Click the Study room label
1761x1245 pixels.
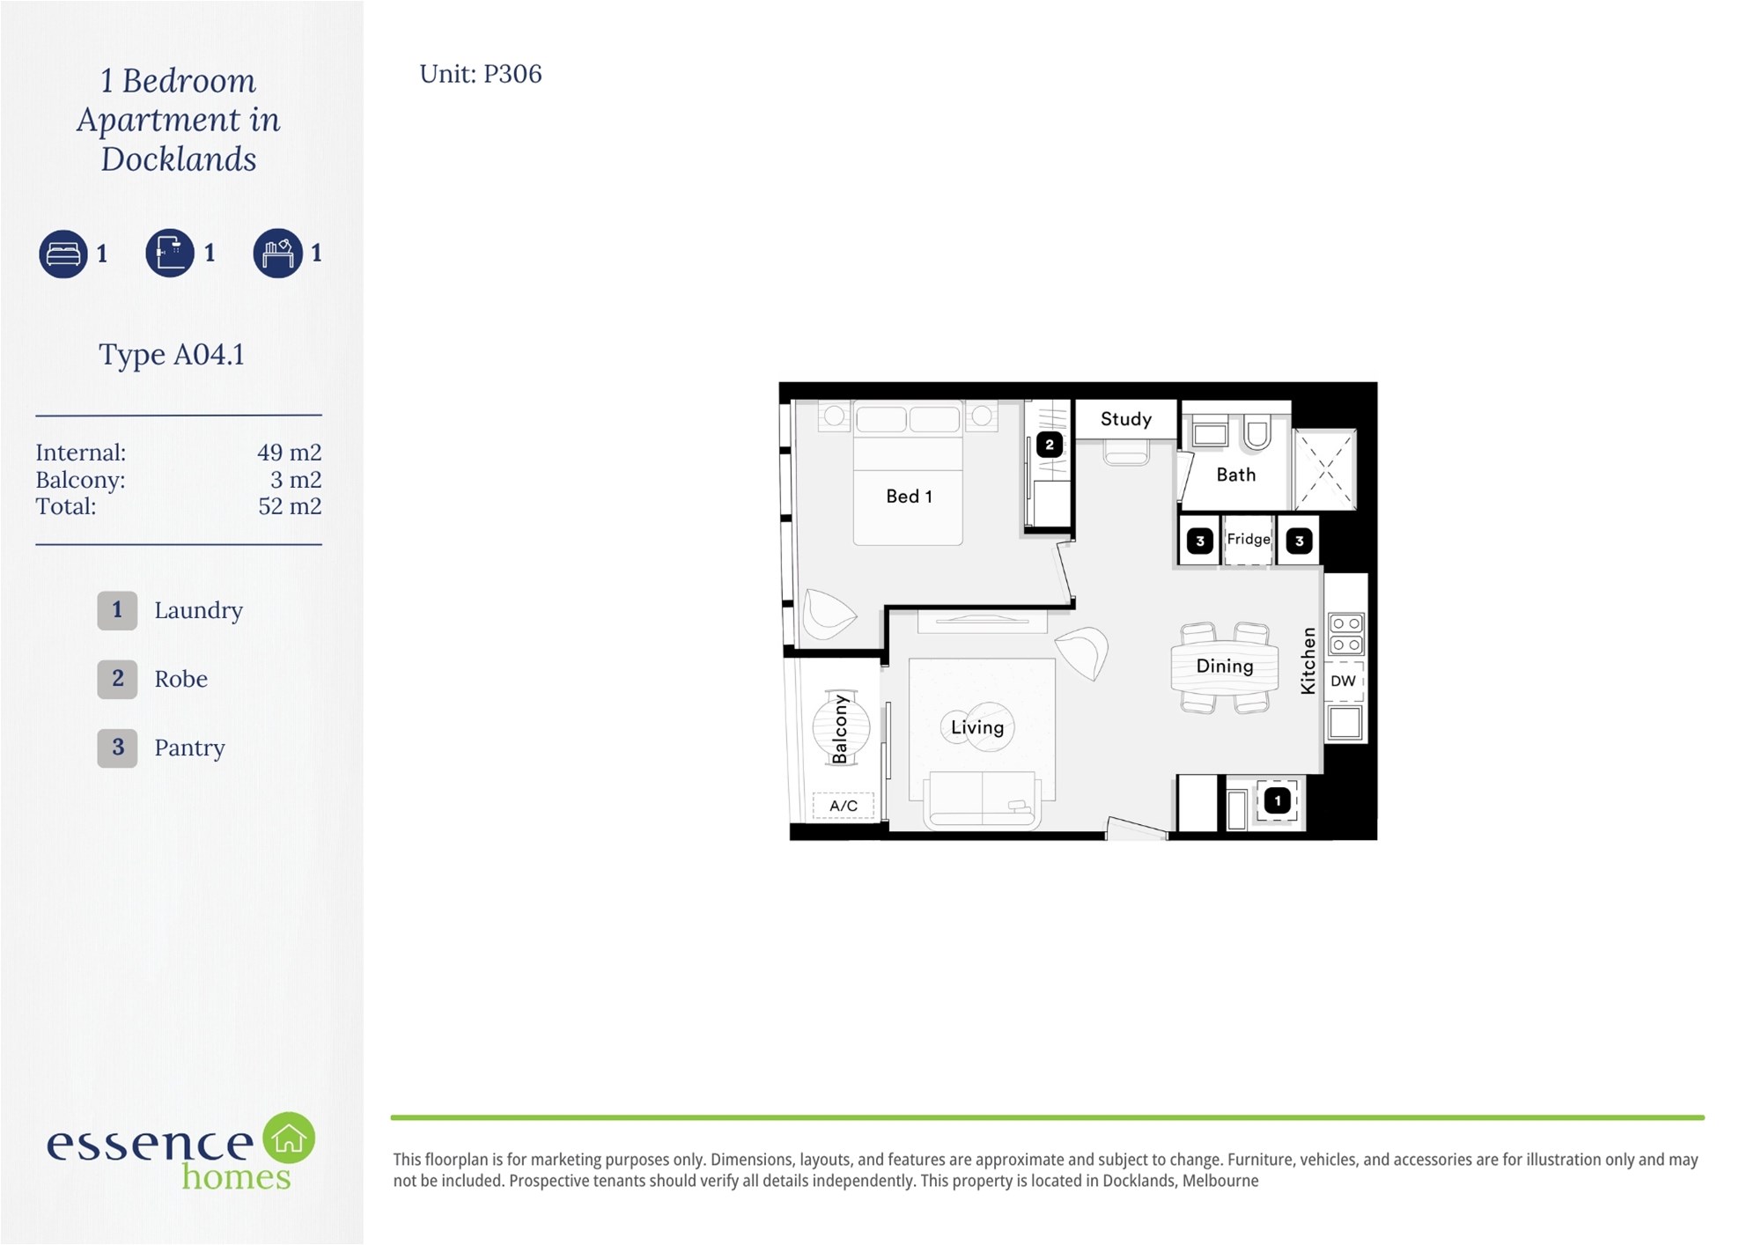pyautogui.click(x=1125, y=419)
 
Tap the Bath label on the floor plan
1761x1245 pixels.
pyautogui.click(x=1235, y=475)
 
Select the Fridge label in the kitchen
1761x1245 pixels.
pyautogui.click(x=1249, y=539)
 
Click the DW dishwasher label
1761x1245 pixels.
pyautogui.click(x=1343, y=681)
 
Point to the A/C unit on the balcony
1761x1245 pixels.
pyautogui.click(x=844, y=806)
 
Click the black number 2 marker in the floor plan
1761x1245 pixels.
pyautogui.click(x=1049, y=445)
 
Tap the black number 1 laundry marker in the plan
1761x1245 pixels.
pyautogui.click(x=1278, y=800)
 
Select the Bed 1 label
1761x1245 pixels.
pyautogui.click(x=909, y=497)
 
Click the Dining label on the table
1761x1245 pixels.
pyautogui.click(x=1224, y=667)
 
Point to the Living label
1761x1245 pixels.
pyautogui.click(x=977, y=727)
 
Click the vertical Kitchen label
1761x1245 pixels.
pyautogui.click(x=1308, y=660)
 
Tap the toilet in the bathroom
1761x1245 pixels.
pyautogui.click(x=1256, y=431)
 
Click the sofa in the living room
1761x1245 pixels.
pyautogui.click(x=982, y=799)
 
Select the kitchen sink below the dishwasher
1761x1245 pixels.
pyautogui.click(x=1345, y=722)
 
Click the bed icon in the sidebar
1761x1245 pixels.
pyautogui.click(x=63, y=254)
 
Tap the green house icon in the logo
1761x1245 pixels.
pyautogui.click(x=289, y=1138)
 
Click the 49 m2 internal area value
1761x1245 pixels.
pyautogui.click(x=289, y=453)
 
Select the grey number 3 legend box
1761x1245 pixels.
pyautogui.click(x=117, y=748)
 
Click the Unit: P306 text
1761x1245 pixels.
pyautogui.click(x=481, y=74)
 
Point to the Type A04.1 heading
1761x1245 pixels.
pyautogui.click(x=172, y=354)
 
